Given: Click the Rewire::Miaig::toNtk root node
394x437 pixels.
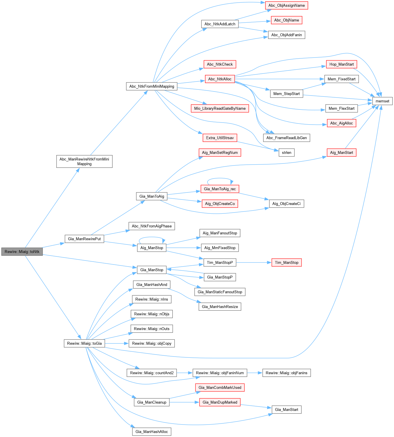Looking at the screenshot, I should [22, 251].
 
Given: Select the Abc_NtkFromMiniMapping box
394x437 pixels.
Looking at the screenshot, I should [152, 86].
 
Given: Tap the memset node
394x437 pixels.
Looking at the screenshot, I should [382, 101].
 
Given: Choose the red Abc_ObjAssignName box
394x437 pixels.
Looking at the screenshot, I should [286, 5].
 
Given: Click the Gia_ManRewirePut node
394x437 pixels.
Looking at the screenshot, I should [84, 239].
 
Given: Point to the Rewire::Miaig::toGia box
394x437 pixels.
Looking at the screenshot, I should [84, 343].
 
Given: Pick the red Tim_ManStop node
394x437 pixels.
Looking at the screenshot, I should [286, 262].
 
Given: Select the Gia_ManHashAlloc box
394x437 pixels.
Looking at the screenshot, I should [152, 431].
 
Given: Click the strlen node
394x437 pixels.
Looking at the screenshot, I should [286, 152].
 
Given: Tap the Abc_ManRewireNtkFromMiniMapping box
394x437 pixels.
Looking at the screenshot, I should [84, 161].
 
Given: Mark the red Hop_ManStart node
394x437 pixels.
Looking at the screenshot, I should [341, 64].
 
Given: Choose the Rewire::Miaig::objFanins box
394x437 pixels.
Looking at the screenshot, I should [286, 373].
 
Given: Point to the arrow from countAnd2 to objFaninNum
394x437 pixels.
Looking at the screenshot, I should [185, 373].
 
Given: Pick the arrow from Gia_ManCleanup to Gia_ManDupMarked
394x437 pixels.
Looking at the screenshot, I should [184, 402].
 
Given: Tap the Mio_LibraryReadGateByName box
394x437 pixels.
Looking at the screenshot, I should [220, 108].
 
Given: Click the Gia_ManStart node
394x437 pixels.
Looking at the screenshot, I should [286, 409].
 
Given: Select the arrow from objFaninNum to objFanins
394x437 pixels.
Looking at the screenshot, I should [255, 373].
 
